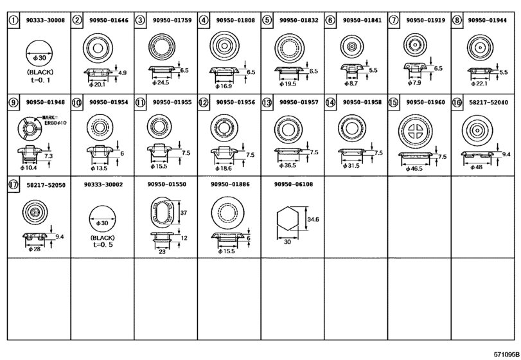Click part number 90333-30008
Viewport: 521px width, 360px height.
pos(46,21)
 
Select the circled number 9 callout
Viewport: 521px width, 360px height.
pos(13,102)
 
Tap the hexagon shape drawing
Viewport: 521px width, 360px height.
pos(288,219)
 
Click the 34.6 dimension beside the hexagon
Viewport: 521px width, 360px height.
pos(313,219)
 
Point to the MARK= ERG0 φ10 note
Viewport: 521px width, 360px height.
pos(54,120)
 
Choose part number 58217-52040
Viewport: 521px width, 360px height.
pos(488,102)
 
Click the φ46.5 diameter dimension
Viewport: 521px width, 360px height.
pos(414,169)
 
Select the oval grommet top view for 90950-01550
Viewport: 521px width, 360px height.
pos(162,212)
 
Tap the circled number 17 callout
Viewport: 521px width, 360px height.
pos(13,184)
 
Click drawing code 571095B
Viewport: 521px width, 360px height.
pos(506,354)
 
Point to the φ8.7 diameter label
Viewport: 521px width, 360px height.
pos(351,84)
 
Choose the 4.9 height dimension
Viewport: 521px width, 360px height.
pos(122,73)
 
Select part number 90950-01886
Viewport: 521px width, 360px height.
pos(230,184)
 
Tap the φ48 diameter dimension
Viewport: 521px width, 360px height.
pos(476,168)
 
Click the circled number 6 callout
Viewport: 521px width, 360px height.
pos(330,21)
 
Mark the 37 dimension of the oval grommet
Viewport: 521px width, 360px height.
pos(184,213)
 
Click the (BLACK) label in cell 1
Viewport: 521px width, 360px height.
pos(40,72)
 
